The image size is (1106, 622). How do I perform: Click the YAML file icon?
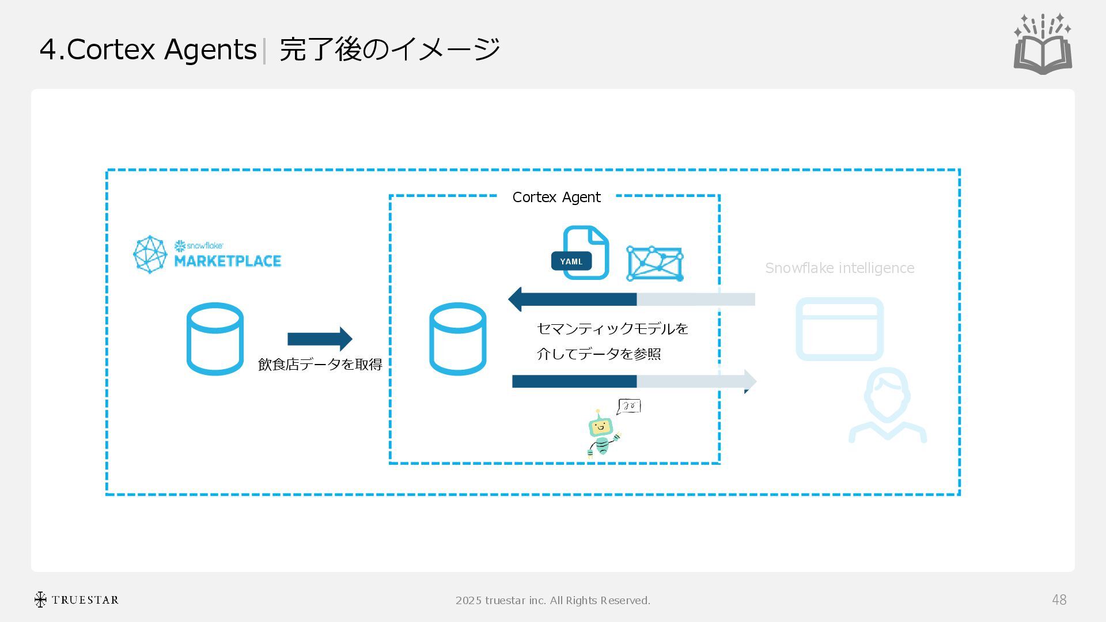(x=581, y=253)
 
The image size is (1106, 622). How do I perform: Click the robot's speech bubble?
(x=628, y=407)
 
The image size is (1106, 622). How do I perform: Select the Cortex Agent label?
(x=556, y=198)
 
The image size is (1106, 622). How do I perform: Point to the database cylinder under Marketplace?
(x=215, y=339)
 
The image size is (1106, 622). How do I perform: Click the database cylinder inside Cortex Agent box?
(x=457, y=339)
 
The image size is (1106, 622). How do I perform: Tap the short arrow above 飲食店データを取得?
(x=319, y=339)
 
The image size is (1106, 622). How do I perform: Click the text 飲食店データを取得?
(x=320, y=365)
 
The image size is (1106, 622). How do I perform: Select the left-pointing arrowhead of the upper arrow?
(x=516, y=299)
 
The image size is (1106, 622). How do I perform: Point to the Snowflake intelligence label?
(x=839, y=268)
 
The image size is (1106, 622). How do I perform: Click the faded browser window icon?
(x=839, y=329)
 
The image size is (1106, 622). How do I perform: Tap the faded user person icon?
(x=887, y=406)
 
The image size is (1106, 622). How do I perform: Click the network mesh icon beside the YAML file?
(x=655, y=264)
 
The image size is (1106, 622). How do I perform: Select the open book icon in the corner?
(x=1043, y=44)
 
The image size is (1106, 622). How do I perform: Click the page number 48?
(x=1059, y=600)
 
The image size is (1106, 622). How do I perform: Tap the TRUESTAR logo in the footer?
(x=76, y=600)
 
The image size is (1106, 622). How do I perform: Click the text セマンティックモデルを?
(x=612, y=329)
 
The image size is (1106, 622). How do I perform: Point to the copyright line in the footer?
(x=552, y=601)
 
